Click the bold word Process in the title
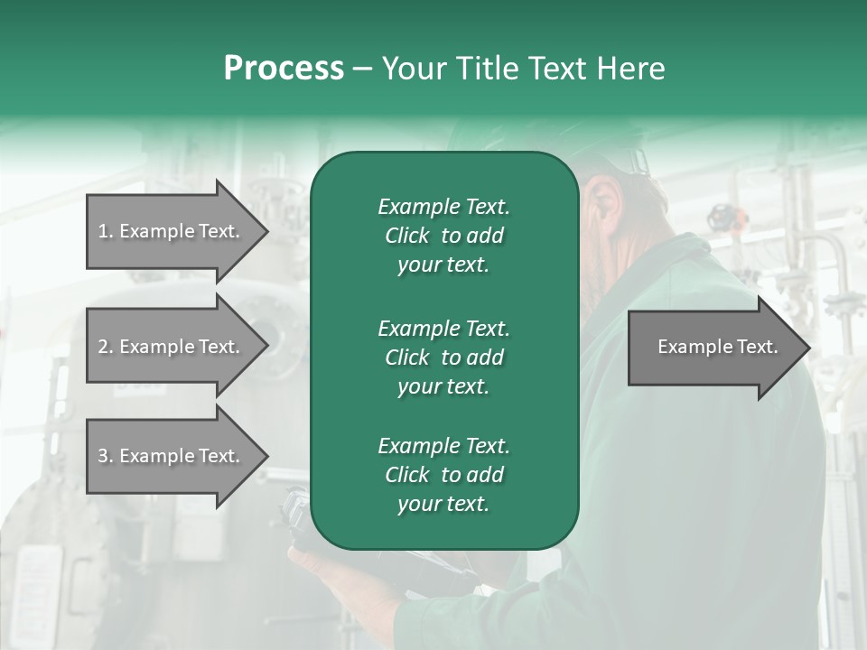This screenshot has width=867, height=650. click(284, 68)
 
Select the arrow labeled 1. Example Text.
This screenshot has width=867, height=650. click(172, 231)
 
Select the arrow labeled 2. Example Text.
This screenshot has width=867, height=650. click(172, 347)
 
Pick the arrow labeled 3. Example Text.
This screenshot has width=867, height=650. click(172, 456)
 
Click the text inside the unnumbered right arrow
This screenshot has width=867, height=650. click(717, 347)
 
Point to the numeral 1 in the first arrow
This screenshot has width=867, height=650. click(103, 231)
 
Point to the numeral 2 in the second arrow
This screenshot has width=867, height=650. click(103, 347)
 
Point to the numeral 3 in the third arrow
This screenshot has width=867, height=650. click(103, 456)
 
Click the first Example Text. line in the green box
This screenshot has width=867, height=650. click(443, 207)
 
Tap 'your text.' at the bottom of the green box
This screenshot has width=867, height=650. click(443, 505)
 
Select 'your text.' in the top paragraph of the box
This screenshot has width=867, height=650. click(443, 265)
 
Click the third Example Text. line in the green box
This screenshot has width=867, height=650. click(443, 446)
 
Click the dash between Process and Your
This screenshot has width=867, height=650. click(362, 69)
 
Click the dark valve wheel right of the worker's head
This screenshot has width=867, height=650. click(721, 217)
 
